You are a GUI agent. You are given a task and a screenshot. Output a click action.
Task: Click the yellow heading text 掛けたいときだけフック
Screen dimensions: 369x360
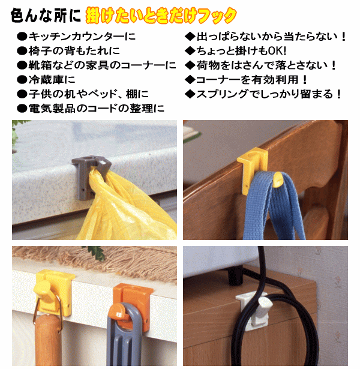pyautogui.click(x=161, y=15)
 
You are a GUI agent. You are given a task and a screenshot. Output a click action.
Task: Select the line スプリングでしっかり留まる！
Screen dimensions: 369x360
pyautogui.click(x=264, y=94)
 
